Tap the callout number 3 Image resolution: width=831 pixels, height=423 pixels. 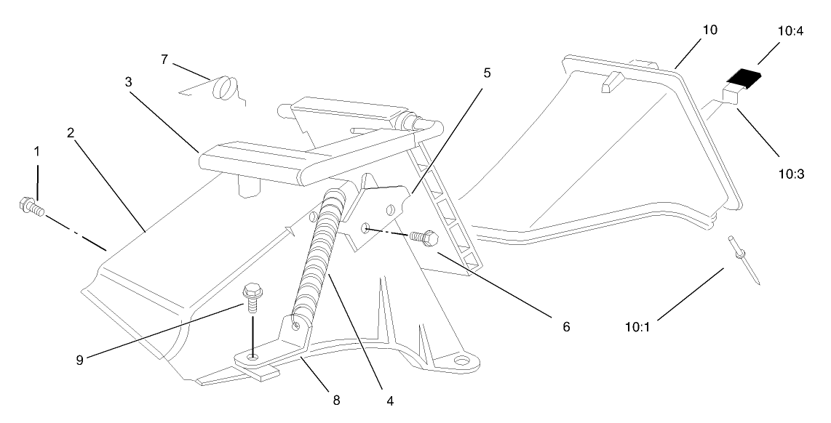[x=129, y=82]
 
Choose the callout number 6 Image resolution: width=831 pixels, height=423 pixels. [x=565, y=327]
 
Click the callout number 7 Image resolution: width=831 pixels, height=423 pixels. [x=164, y=60]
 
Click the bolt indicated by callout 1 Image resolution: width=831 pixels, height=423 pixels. [x=31, y=208]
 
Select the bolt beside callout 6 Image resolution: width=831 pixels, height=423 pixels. [x=424, y=237]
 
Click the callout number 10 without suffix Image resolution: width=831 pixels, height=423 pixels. [x=709, y=30]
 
